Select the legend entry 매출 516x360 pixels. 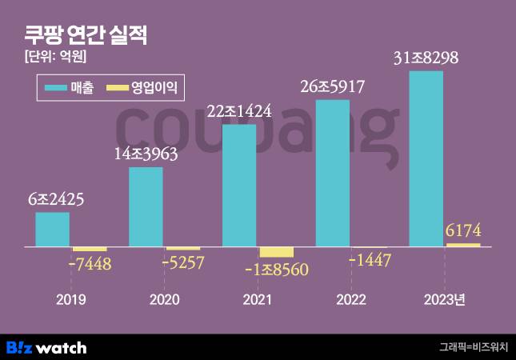tap(70, 88)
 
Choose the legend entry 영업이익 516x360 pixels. tap(143, 88)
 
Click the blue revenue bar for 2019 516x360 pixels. tap(52, 230)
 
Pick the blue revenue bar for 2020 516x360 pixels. tap(146, 206)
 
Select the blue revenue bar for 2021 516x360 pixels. tap(239, 186)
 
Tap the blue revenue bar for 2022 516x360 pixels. tap(333, 173)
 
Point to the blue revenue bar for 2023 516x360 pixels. tap(426, 158)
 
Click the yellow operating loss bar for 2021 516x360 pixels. tap(276, 252)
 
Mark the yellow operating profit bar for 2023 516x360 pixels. tap(463, 245)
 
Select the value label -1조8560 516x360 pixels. tap(276, 270)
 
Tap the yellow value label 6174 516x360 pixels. tap(463, 231)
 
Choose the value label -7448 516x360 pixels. tap(90, 263)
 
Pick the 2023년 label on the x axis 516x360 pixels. tap(444, 300)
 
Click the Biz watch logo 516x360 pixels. tap(46, 347)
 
